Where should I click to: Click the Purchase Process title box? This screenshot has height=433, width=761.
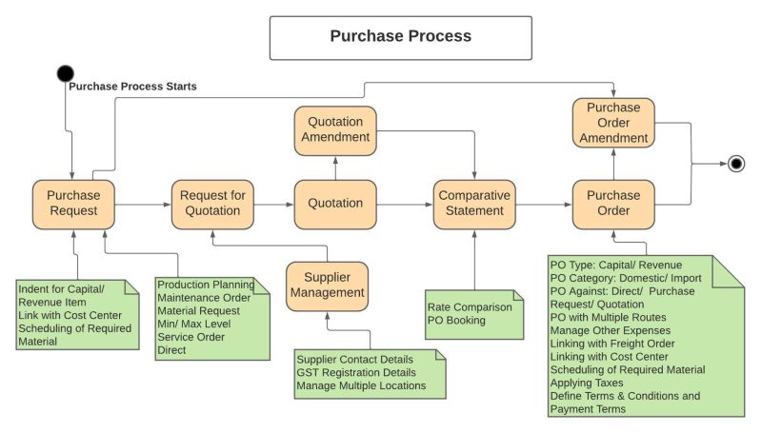point(400,37)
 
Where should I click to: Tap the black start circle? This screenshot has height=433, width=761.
point(65,72)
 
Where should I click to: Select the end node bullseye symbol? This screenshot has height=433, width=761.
point(735,165)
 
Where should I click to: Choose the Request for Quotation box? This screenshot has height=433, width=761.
point(212,204)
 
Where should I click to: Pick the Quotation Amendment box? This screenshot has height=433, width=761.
point(335,129)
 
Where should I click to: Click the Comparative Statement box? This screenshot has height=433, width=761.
point(474,204)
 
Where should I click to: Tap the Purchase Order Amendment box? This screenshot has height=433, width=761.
point(612,123)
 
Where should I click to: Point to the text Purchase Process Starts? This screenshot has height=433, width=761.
point(132,87)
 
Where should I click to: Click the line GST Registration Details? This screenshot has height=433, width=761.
point(357,372)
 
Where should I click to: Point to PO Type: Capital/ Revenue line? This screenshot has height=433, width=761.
point(616,264)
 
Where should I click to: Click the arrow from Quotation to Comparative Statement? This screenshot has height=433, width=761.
point(405,204)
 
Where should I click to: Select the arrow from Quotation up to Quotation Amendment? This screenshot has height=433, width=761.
point(335,167)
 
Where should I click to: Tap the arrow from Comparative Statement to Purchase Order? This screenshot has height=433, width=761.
point(544,204)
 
